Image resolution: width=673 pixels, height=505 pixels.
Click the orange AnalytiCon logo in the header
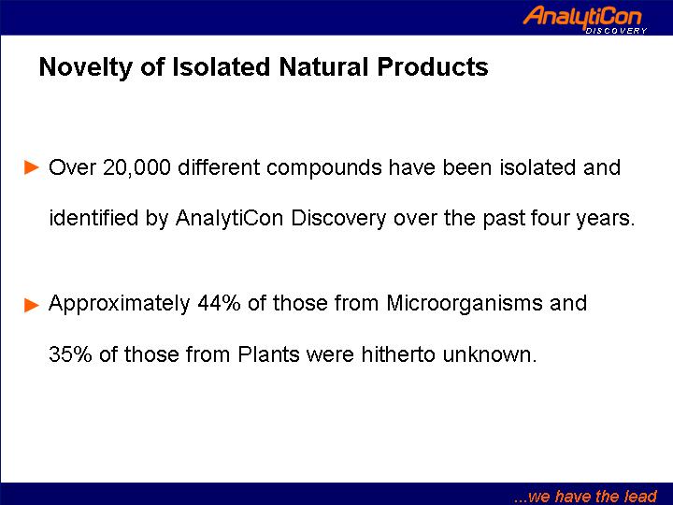584,20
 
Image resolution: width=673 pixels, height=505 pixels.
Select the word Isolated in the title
221,67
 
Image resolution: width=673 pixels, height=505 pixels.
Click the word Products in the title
433,67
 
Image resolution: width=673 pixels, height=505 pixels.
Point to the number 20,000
136,167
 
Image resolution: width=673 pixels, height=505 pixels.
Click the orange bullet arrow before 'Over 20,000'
32,167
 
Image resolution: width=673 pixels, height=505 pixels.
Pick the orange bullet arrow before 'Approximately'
32,305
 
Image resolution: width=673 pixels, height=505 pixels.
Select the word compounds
323,168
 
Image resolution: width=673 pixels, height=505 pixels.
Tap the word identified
93,217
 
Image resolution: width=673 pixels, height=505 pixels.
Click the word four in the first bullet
550,218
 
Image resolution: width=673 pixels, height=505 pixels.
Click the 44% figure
219,303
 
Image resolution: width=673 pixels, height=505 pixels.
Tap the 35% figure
70,354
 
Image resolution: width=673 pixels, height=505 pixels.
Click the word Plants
268,354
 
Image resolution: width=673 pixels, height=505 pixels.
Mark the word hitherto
398,354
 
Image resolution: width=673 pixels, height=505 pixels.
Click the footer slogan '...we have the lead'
585,496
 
